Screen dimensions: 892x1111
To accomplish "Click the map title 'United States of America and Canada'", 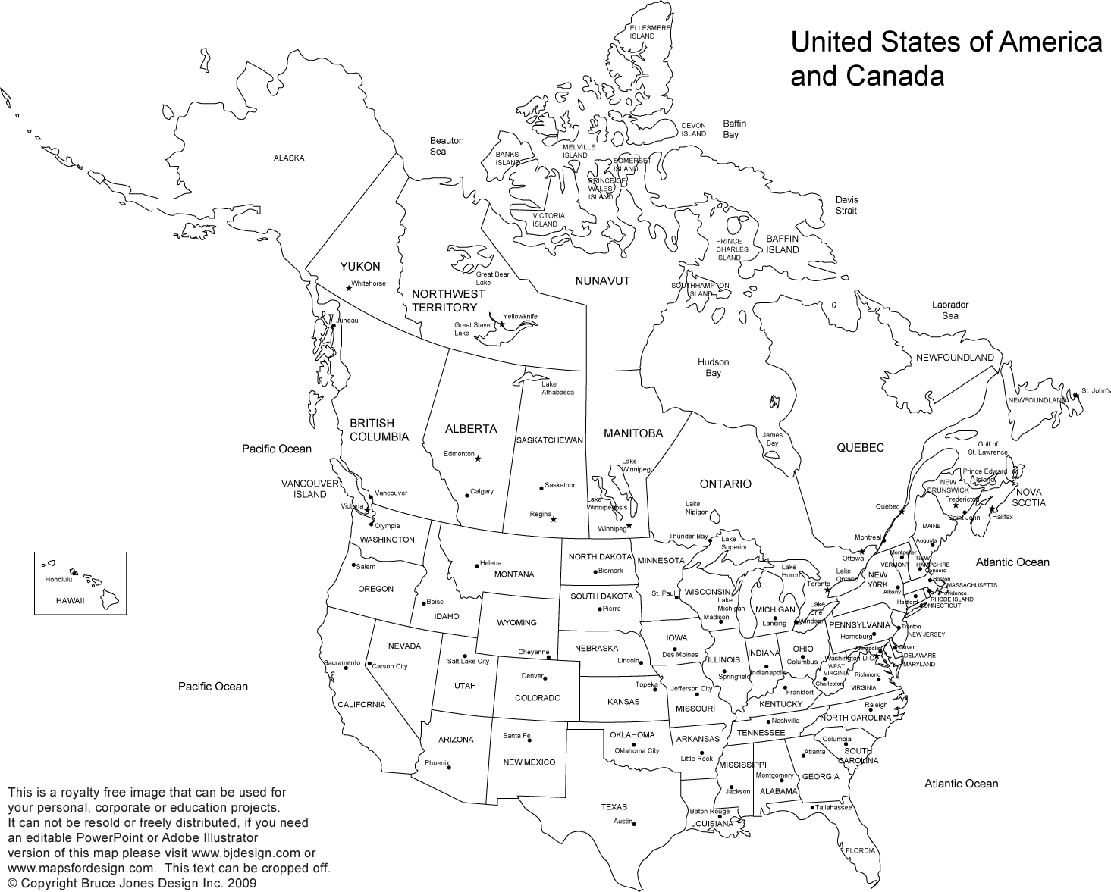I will tap(946, 59).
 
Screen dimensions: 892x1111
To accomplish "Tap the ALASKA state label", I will tap(289, 158).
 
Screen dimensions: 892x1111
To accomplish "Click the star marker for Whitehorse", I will tap(349, 288).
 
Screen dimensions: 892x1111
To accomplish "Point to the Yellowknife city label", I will tap(521, 315).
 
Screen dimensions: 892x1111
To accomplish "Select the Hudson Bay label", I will tap(713, 368).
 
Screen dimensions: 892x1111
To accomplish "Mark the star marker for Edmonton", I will tap(478, 459).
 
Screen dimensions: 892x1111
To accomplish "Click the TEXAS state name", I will tap(614, 807).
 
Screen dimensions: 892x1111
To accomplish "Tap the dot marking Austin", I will tap(634, 824).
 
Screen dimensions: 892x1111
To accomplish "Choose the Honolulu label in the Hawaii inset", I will tap(58, 580).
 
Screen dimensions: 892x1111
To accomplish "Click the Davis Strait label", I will tap(846, 205).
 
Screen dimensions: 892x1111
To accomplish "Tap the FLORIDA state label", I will tap(860, 850).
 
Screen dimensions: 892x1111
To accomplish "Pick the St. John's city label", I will tap(1096, 391).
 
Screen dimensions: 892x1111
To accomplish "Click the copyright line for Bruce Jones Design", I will tap(133, 884).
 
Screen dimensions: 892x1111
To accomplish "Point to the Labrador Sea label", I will tap(950, 310).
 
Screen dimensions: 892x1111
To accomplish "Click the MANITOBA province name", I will tap(633, 433).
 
